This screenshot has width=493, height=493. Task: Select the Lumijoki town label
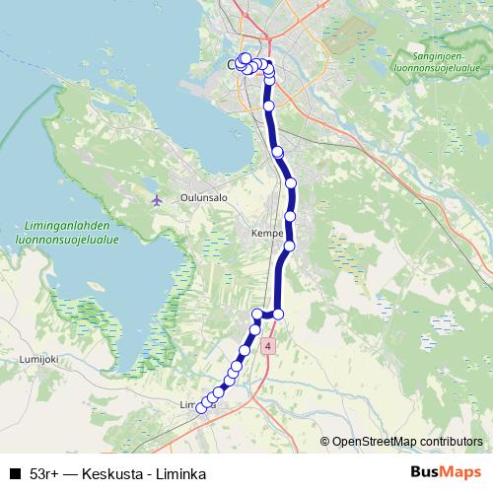pyautogui.click(x=39, y=360)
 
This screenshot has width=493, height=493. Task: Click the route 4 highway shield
pyautogui.click(x=267, y=347)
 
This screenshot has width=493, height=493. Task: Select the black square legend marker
pyautogui.click(x=14, y=473)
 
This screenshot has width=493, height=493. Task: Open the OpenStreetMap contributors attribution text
pyautogui.click(x=407, y=441)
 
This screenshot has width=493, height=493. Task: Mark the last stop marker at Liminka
pyautogui.click(x=202, y=408)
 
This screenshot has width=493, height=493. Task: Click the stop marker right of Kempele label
pyautogui.click(x=290, y=246)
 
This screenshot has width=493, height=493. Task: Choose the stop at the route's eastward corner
pyautogui.click(x=278, y=314)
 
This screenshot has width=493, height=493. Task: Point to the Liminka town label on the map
pyautogui.click(x=191, y=405)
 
